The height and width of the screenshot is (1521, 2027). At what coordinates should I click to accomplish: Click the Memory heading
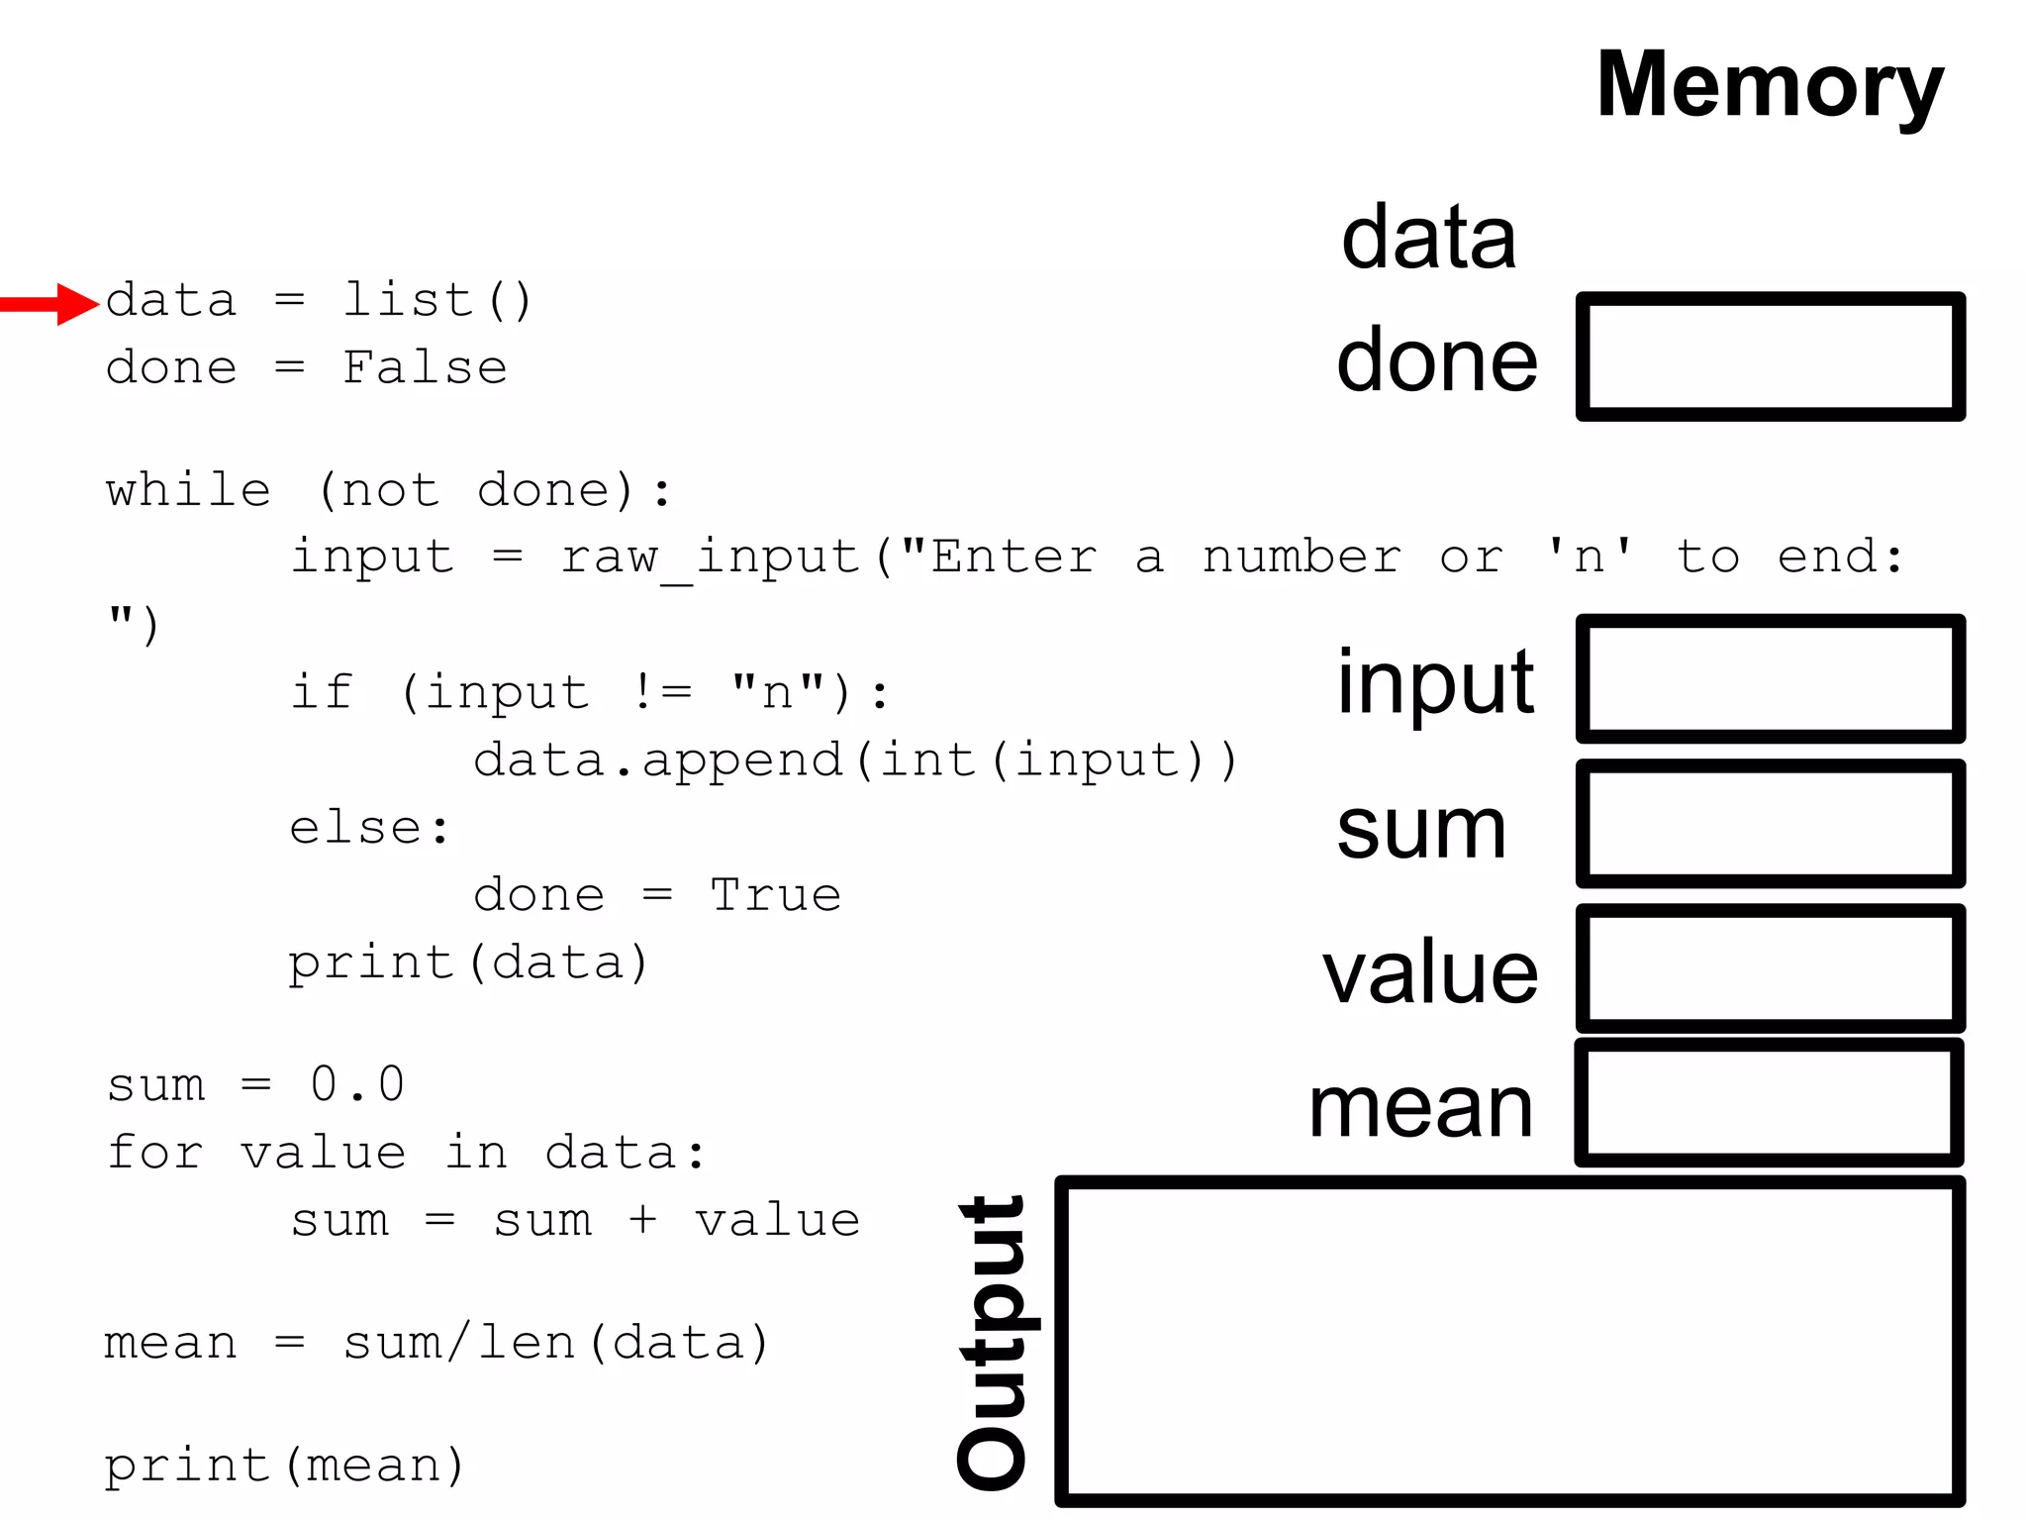tap(1770, 87)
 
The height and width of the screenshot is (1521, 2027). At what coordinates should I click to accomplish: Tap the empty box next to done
tap(1770, 356)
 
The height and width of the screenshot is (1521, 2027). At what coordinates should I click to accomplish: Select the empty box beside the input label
tap(1770, 678)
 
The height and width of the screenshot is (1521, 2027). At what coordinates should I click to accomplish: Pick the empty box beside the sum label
tap(1770, 824)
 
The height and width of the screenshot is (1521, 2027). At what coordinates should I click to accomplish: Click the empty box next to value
tap(1770, 968)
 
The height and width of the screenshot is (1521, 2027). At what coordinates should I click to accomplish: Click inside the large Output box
tap(1509, 1342)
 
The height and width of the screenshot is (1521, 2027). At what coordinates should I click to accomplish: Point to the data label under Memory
tap(1428, 238)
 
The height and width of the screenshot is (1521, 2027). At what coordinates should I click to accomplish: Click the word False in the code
tap(425, 368)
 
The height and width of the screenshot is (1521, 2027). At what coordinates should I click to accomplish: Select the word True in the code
tap(775, 895)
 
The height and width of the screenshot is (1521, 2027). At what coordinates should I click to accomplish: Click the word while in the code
tap(188, 490)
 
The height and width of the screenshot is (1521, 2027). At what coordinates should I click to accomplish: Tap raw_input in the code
tap(711, 558)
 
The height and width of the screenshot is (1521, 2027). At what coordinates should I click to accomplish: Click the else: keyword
tap(369, 828)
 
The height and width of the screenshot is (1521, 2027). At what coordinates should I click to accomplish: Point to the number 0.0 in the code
tap(357, 1084)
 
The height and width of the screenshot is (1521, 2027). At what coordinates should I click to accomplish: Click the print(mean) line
tap(284, 1466)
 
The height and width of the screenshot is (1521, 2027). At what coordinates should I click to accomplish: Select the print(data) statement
tap(468, 963)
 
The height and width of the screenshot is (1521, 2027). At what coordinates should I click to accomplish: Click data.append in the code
tap(657, 760)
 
